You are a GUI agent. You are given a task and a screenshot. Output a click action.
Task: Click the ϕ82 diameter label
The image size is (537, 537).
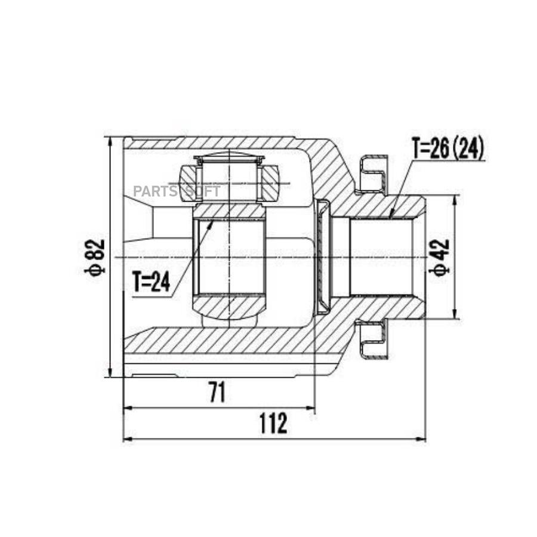(x=94, y=257)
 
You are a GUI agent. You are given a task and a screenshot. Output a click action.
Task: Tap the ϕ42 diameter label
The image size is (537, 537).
(x=439, y=257)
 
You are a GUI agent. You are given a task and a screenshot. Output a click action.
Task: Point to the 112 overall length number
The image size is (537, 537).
(x=273, y=423)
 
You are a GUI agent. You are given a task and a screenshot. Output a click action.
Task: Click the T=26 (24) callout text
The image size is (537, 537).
(x=448, y=147)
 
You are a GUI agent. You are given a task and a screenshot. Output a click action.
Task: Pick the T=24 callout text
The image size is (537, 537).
(x=152, y=282)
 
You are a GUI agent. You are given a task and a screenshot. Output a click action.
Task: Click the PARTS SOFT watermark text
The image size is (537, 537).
(x=177, y=191)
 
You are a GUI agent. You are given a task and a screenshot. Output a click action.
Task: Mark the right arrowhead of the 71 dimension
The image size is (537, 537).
(x=310, y=408)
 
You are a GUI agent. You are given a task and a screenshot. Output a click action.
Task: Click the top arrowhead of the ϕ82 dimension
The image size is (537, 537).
(x=110, y=142)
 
